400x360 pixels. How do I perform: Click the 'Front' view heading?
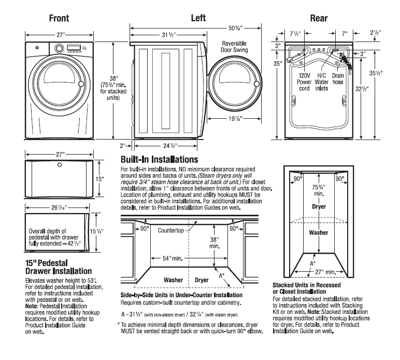tap(59, 18)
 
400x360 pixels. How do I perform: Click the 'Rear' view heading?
tap(318, 18)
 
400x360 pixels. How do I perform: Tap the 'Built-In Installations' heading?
tap(159, 159)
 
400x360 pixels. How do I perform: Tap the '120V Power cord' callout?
tap(305, 81)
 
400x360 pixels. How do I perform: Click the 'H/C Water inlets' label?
tap(322, 81)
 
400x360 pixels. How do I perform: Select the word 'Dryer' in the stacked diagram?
tap(319, 206)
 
